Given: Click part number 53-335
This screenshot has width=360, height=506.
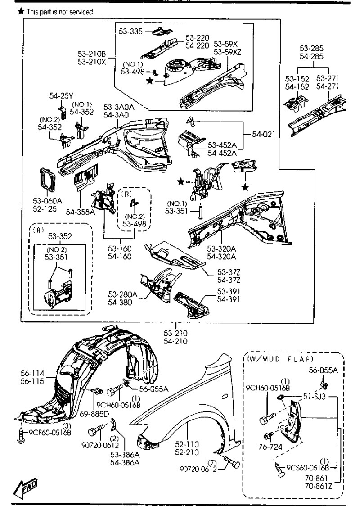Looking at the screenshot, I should click(130, 31).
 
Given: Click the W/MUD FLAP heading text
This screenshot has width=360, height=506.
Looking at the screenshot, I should click(280, 359).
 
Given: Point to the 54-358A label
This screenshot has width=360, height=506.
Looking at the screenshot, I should click(80, 212).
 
